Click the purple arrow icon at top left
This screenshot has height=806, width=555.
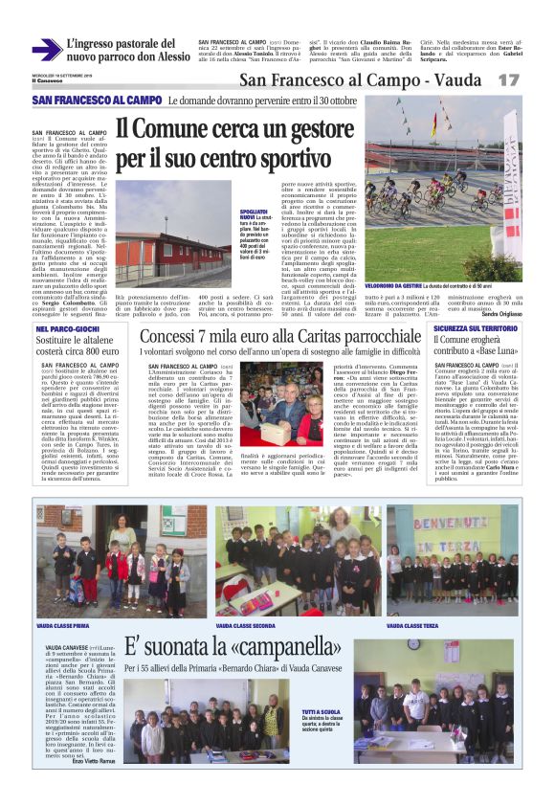pos(45,51)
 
